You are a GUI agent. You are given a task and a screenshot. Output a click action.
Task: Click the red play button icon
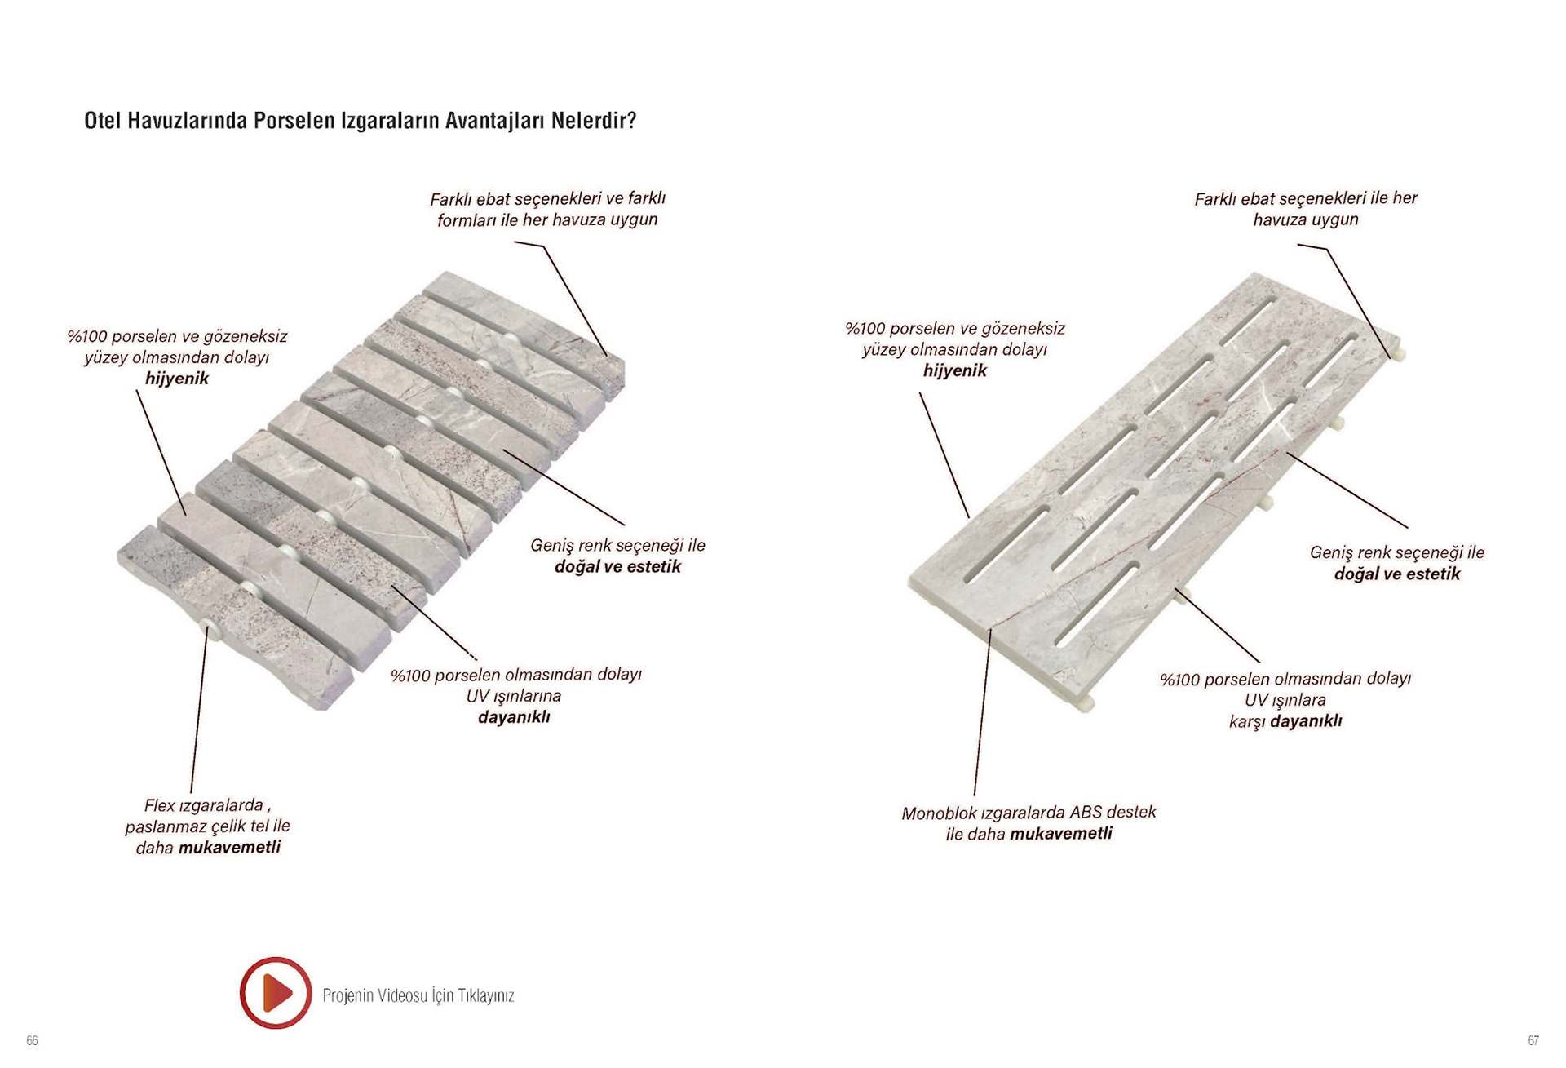[276, 992]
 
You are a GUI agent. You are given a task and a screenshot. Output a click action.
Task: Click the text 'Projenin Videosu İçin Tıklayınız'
[418, 995]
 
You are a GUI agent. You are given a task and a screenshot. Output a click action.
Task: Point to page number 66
[32, 1040]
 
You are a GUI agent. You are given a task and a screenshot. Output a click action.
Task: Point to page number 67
[1533, 1040]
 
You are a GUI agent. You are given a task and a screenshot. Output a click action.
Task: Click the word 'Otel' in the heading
[103, 121]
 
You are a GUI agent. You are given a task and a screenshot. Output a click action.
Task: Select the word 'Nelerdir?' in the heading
[593, 121]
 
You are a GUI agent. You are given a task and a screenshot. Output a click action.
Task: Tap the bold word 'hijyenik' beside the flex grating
[177, 379]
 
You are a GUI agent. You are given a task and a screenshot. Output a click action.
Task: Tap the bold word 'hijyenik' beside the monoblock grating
[955, 370]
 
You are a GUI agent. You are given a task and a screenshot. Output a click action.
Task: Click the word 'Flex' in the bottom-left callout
[160, 805]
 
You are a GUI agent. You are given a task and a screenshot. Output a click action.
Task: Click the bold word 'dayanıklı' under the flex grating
[514, 717]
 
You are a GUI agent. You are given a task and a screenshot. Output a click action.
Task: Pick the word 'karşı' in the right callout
[1247, 721]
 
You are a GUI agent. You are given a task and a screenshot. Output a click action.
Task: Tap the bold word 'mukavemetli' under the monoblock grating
[1060, 834]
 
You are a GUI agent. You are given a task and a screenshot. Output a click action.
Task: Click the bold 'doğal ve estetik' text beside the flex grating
[617, 566]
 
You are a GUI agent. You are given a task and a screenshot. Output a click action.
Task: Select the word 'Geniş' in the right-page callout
[1331, 552]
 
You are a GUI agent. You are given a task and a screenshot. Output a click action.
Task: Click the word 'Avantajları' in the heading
[495, 121]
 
